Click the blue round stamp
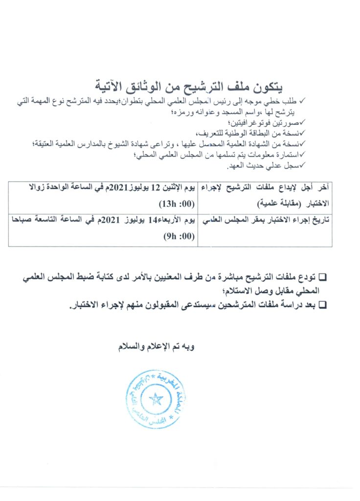click(156, 399)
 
